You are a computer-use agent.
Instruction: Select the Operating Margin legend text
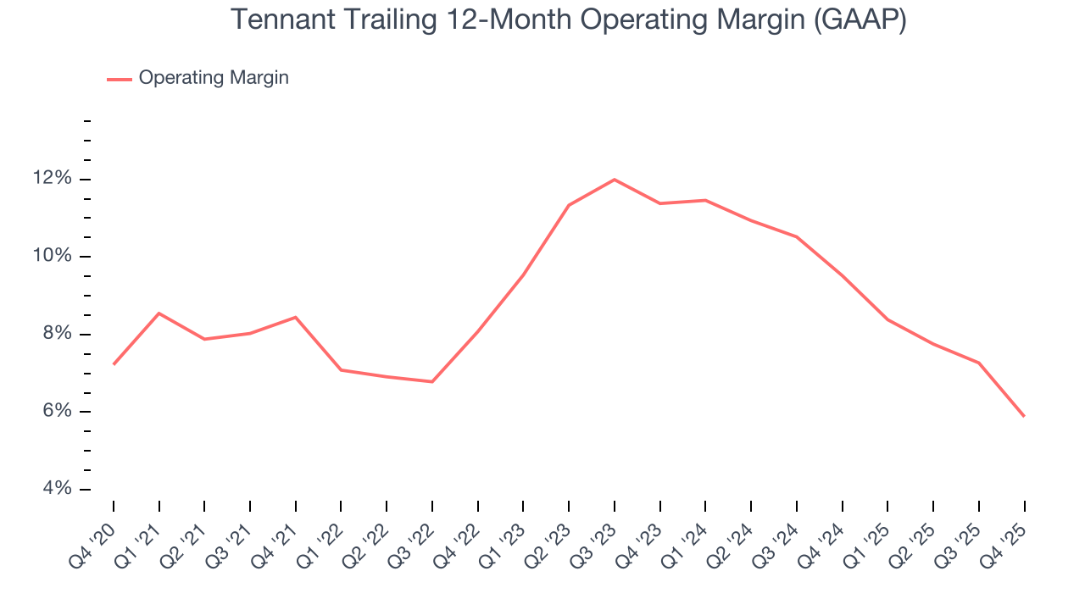point(214,78)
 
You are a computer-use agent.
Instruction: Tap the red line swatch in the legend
point(119,79)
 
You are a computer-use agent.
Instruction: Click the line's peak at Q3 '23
point(614,180)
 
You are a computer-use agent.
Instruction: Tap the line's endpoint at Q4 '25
point(1024,416)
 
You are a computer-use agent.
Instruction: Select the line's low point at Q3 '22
point(432,381)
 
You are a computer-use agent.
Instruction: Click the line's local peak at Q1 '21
point(159,313)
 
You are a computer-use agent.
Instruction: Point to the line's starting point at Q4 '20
point(114,364)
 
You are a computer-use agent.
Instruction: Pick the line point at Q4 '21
point(296,317)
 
